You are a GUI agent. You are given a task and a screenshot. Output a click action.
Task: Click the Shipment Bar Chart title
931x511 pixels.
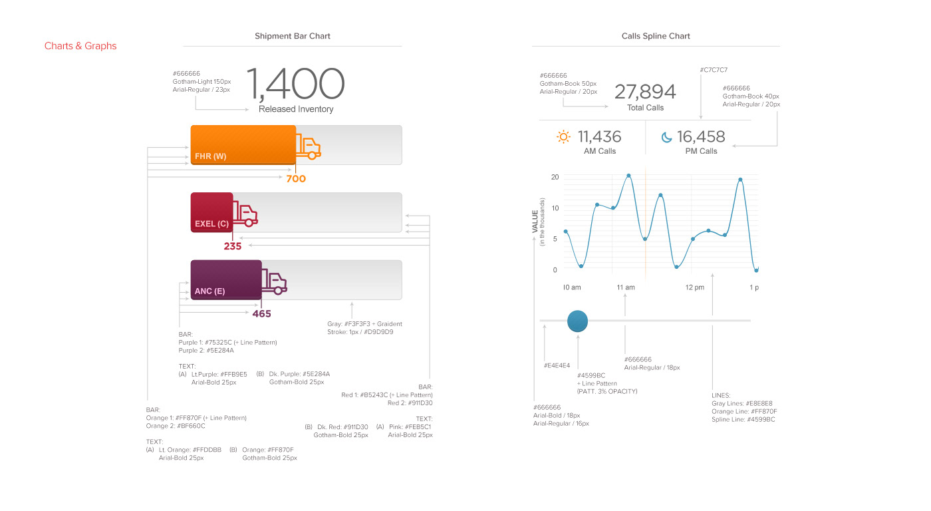pos(292,36)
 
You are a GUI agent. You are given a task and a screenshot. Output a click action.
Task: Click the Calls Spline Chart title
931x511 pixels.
pos(656,36)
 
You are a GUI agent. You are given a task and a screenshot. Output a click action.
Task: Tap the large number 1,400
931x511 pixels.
pos(295,84)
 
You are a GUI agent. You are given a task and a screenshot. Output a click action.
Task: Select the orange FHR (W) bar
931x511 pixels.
pos(243,144)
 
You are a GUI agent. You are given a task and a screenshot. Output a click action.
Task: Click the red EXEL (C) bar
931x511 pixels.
pos(211,212)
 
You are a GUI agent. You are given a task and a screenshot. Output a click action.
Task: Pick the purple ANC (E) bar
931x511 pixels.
pos(225,279)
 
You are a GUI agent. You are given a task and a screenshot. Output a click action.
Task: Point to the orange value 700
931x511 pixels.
pos(296,178)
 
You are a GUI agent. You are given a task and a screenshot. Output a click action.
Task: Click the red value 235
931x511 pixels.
pos(233,246)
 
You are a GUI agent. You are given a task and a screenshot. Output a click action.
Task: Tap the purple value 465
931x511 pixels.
pos(261,313)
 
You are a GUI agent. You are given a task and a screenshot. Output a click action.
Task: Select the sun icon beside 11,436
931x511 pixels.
pos(563,137)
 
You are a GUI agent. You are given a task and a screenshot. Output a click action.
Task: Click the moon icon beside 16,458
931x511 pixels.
pos(666,137)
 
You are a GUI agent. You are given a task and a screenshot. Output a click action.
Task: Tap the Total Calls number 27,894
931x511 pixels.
pos(645,92)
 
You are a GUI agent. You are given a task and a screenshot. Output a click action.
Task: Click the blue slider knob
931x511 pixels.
pos(578,321)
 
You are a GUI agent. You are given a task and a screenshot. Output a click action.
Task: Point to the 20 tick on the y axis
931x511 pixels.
pos(555,177)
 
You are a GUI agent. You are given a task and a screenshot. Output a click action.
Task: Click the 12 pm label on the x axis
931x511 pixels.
pos(695,287)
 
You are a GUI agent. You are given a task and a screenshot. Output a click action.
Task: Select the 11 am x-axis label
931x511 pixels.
pos(626,287)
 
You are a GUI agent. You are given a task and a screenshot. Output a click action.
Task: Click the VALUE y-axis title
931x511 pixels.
pos(535,221)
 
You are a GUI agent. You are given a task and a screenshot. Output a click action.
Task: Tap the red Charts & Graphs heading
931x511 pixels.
pos(80,46)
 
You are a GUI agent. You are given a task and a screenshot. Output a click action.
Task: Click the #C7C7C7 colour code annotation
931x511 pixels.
pos(714,69)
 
